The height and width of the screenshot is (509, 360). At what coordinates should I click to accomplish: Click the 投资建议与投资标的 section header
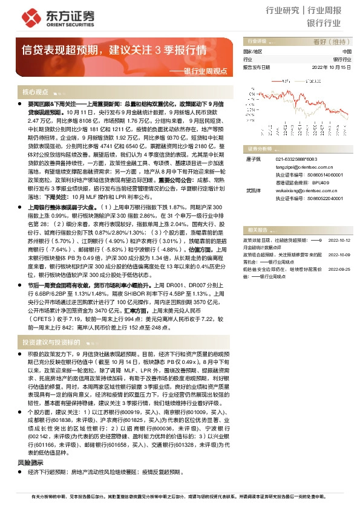point(51,342)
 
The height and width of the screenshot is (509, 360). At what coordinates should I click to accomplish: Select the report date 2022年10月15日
point(327,67)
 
